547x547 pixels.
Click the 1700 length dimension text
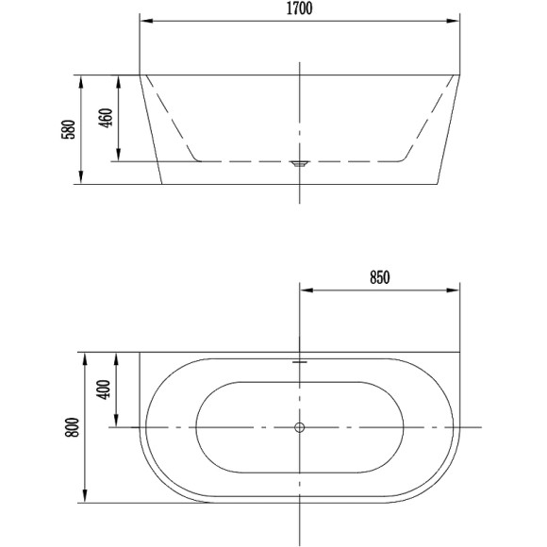pos(299,8)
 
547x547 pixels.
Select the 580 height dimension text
pos(68,129)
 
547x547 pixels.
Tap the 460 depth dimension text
pos(106,118)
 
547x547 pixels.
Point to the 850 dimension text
pos(379,277)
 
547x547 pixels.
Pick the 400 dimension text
pos(103,390)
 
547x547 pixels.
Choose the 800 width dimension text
pos(73,427)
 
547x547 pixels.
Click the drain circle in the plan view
pos(300,427)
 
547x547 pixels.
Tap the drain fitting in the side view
pos(300,163)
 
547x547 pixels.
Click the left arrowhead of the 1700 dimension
pos(146,21)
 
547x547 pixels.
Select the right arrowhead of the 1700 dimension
pos(453,21)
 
